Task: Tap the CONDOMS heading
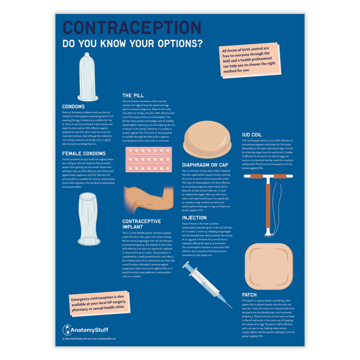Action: coord(73,106)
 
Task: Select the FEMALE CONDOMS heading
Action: coord(84,153)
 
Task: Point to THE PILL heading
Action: coord(133,95)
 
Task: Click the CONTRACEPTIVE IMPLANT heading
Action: coord(141,224)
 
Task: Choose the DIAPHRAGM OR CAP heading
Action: coord(205,165)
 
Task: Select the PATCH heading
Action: coord(249,295)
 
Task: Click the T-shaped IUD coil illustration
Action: coord(268,201)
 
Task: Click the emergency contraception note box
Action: coord(99,305)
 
